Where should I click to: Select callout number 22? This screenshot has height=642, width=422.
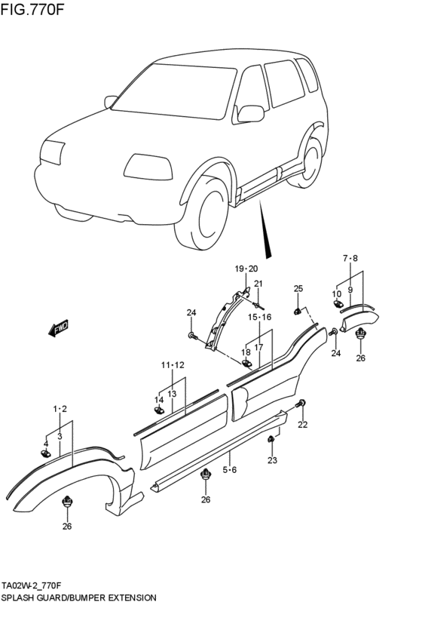[302, 425]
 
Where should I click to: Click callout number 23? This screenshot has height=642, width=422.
[272, 460]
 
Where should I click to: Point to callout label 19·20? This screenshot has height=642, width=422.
[246, 269]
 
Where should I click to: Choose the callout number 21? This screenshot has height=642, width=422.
[258, 284]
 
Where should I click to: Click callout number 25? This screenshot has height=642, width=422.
[298, 289]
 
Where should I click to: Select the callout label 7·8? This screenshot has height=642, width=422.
[350, 259]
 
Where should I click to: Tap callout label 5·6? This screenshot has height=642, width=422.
[230, 469]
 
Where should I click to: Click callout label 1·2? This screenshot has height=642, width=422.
[60, 409]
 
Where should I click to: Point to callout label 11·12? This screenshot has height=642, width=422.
[172, 365]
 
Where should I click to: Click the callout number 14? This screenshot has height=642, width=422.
[159, 400]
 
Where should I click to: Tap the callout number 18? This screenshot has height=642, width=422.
[246, 352]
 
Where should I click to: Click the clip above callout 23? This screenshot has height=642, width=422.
[271, 439]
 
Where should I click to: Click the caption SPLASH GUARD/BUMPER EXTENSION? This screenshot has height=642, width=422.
[78, 597]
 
